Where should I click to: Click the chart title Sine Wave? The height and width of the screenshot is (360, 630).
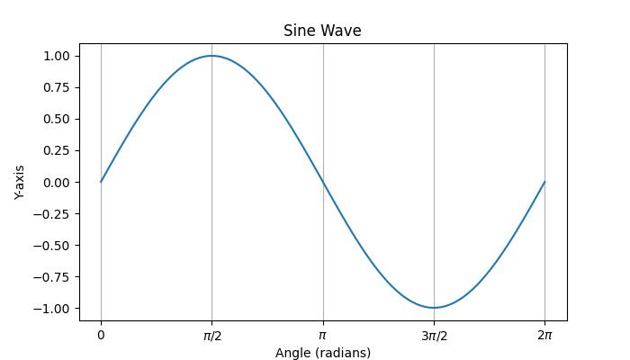tap(322, 31)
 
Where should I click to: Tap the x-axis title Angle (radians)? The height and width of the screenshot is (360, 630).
tap(322, 353)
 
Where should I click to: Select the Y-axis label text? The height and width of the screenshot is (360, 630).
tap(20, 182)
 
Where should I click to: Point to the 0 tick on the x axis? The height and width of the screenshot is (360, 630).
tap(101, 336)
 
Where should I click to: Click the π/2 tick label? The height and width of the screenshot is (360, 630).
tap(211, 336)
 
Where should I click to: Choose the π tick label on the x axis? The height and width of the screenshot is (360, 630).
tap(322, 336)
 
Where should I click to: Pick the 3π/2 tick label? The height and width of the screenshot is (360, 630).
tap(434, 336)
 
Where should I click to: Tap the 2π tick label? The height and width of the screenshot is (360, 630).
tap(544, 336)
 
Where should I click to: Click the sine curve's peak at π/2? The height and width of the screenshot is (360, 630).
tap(211, 56)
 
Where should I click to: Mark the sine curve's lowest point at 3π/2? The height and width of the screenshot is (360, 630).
tap(434, 308)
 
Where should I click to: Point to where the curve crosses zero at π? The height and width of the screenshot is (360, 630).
tap(323, 182)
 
